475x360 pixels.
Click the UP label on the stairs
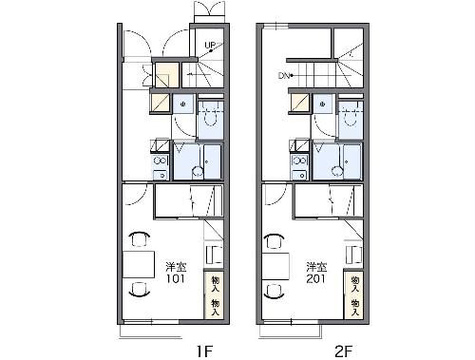pyautogui.click(x=210, y=44)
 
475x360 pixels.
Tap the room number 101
pyautogui.click(x=177, y=280)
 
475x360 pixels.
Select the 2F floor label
pyautogui.click(x=342, y=351)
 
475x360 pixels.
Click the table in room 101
pyautogui.click(x=139, y=263)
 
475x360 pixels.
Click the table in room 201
pyautogui.click(x=275, y=263)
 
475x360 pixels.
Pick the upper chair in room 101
pyautogui.click(x=139, y=239)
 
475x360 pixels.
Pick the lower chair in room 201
pyautogui.click(x=277, y=288)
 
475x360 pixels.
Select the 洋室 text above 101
pyautogui.click(x=177, y=267)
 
